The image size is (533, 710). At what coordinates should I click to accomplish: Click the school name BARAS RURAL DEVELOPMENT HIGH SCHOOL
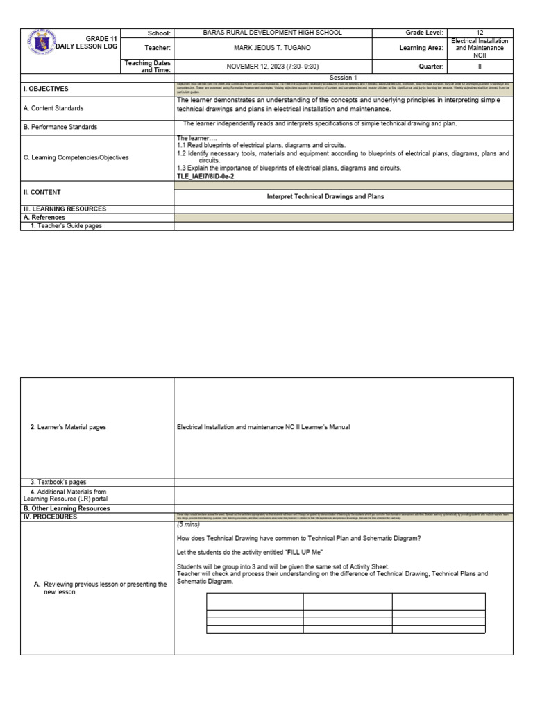click(x=272, y=33)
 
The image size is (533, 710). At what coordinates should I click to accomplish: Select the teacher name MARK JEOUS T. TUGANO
click(x=272, y=48)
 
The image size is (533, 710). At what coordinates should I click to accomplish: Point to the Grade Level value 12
click(x=480, y=33)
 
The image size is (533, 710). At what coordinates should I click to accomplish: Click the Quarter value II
click(x=480, y=67)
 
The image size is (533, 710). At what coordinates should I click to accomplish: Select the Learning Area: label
click(x=421, y=48)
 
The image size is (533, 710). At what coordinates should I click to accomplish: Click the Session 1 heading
click(x=343, y=78)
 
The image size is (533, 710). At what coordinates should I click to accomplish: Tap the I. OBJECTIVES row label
click(x=46, y=89)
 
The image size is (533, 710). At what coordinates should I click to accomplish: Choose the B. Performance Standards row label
click(x=60, y=127)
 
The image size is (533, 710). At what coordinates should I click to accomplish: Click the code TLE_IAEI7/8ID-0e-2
click(x=206, y=177)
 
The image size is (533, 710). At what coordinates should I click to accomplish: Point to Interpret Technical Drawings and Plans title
click(x=325, y=196)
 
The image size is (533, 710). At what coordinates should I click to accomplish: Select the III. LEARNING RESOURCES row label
click(x=65, y=209)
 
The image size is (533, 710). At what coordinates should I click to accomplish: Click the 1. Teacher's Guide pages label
click(x=66, y=226)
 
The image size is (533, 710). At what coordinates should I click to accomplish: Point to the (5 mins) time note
click(x=189, y=525)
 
